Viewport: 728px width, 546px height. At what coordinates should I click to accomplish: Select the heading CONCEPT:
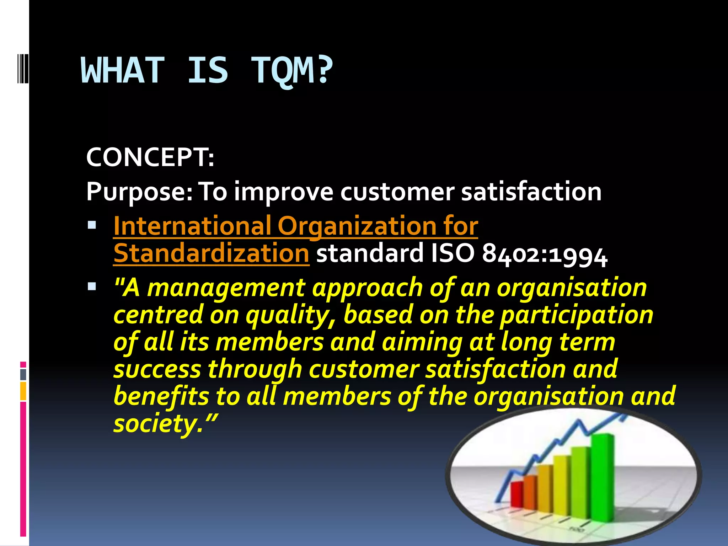pyautogui.click(x=150, y=157)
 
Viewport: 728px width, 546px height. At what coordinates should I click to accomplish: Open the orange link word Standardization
pyautogui.click(x=211, y=253)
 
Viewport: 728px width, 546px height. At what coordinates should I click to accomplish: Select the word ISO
pyautogui.click(x=452, y=253)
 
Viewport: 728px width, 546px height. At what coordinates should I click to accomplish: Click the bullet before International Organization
pyautogui.click(x=92, y=225)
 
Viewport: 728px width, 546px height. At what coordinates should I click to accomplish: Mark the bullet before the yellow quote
pyautogui.click(x=92, y=286)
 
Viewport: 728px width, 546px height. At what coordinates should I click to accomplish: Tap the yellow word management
pyautogui.click(x=226, y=288)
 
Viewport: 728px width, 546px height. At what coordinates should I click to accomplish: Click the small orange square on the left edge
pyautogui.click(x=23, y=391)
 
